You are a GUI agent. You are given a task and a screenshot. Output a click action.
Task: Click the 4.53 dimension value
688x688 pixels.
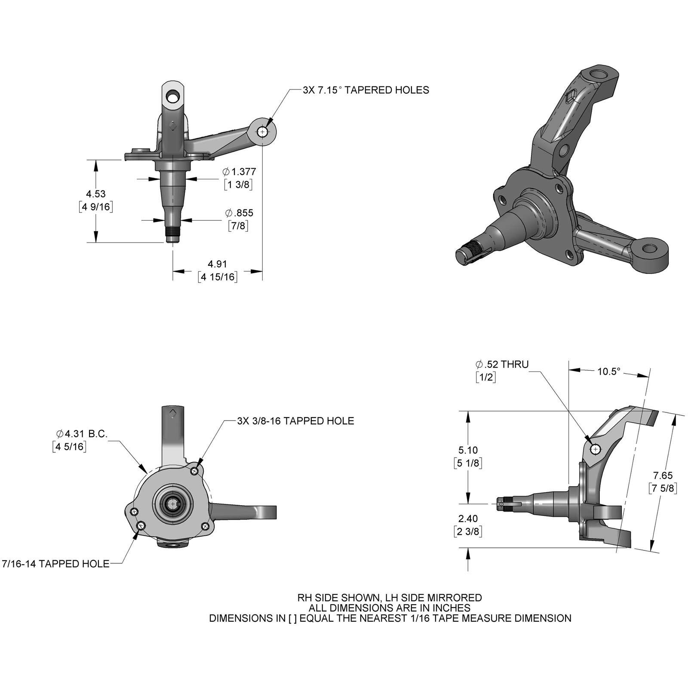(x=95, y=194)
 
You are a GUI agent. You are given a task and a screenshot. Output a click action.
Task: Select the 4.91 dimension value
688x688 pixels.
(x=217, y=264)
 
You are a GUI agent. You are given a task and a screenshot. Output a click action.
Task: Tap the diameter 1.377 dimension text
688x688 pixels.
(x=240, y=172)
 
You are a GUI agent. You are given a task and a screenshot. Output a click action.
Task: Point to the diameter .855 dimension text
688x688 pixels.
(x=239, y=213)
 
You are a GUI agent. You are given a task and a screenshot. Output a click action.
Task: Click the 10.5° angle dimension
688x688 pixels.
(x=609, y=371)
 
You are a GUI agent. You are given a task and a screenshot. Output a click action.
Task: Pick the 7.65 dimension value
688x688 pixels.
(x=663, y=476)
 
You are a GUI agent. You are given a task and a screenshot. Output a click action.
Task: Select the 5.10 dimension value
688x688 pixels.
(x=468, y=450)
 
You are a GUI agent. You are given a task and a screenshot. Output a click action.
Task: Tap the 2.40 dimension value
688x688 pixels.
(x=468, y=519)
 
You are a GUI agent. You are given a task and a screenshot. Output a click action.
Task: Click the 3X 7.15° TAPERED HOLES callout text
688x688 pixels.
(x=366, y=90)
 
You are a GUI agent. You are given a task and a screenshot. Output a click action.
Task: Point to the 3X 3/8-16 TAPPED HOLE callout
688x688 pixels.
(x=295, y=421)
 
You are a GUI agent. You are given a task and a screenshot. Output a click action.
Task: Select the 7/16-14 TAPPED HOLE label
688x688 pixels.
(x=56, y=564)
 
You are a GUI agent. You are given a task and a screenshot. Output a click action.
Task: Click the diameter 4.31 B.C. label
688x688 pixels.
(x=82, y=434)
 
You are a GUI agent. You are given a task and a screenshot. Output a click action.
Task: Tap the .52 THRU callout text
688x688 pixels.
(x=502, y=364)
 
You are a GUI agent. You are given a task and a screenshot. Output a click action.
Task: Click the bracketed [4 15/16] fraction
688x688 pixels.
(x=218, y=276)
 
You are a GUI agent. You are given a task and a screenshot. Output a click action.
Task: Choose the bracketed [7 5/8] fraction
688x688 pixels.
(x=663, y=488)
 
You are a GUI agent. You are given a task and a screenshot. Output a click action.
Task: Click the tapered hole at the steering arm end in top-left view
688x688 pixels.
(x=262, y=132)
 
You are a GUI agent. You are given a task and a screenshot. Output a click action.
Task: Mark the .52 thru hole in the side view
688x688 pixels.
(x=596, y=450)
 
